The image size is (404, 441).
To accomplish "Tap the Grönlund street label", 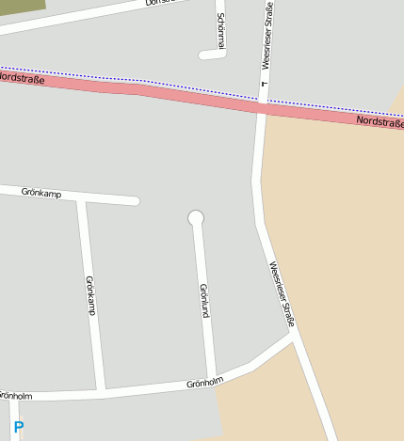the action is (203, 299).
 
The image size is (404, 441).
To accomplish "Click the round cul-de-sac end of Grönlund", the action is (196, 218).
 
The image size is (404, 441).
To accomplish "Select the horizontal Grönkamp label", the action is (40, 192).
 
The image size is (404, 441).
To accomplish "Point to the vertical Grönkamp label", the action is (90, 295).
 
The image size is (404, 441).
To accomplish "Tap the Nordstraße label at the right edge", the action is (380, 122).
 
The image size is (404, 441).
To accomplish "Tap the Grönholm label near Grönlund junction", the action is (204, 383).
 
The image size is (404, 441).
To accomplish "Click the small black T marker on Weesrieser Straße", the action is (265, 86).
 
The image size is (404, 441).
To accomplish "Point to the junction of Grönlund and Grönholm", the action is (213, 381).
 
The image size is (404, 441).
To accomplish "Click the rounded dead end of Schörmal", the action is (203, 55).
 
